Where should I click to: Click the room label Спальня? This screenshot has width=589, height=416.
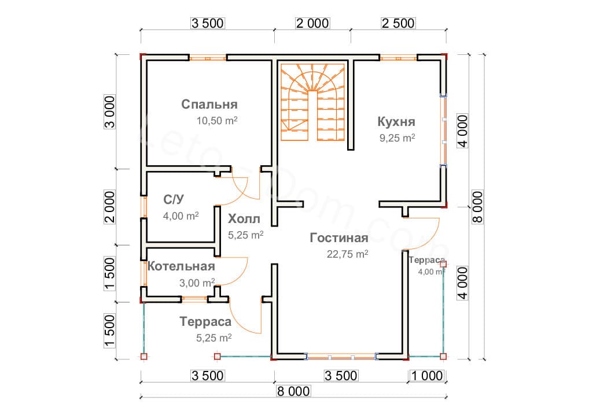(x=209, y=105)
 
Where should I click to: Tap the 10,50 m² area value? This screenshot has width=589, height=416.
(x=218, y=121)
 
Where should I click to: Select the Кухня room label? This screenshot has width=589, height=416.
(x=396, y=122)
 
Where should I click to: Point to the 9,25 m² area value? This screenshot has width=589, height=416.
(x=396, y=139)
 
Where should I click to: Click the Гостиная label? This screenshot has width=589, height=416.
(x=339, y=238)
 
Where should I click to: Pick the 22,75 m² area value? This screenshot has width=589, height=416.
(x=347, y=254)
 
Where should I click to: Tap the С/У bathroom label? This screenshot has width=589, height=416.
(x=174, y=200)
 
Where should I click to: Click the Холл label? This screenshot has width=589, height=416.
(x=244, y=219)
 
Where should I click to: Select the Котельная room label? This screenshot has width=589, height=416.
(x=181, y=266)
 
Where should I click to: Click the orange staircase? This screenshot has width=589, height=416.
(x=313, y=103)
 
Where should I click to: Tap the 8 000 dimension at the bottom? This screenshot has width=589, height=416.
(x=294, y=391)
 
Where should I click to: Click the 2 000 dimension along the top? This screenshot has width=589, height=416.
(x=312, y=23)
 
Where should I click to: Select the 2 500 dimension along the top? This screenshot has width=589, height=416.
(x=397, y=23)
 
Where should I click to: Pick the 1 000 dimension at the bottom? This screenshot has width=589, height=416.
(x=428, y=376)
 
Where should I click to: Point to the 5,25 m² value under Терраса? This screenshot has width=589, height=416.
(x=214, y=338)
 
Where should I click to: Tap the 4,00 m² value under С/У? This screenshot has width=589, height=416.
(x=181, y=215)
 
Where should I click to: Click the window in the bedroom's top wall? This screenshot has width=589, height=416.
(x=208, y=57)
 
